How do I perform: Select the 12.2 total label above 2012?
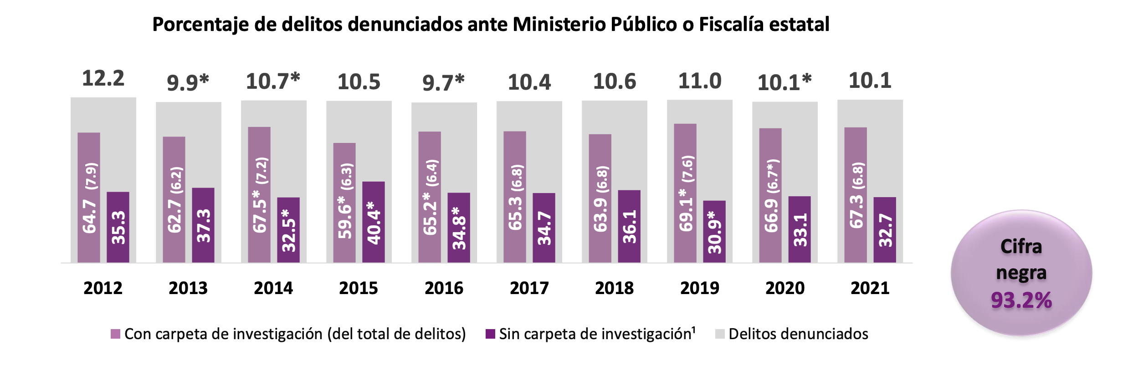103,78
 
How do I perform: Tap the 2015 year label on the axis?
359,288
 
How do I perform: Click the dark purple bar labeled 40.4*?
374,222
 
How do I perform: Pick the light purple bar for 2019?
685,193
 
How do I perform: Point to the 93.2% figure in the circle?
1021,300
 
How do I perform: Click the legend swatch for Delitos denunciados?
720,334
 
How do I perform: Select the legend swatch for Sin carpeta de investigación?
490,334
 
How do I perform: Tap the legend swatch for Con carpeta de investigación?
115,334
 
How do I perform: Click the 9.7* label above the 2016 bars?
443,83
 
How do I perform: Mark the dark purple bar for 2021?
885,230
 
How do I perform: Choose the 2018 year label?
614,288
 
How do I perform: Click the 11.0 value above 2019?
700,81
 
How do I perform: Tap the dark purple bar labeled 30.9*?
714,232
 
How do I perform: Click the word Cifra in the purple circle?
1021,247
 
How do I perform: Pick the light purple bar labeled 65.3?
515,197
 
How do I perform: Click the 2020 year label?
785,288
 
